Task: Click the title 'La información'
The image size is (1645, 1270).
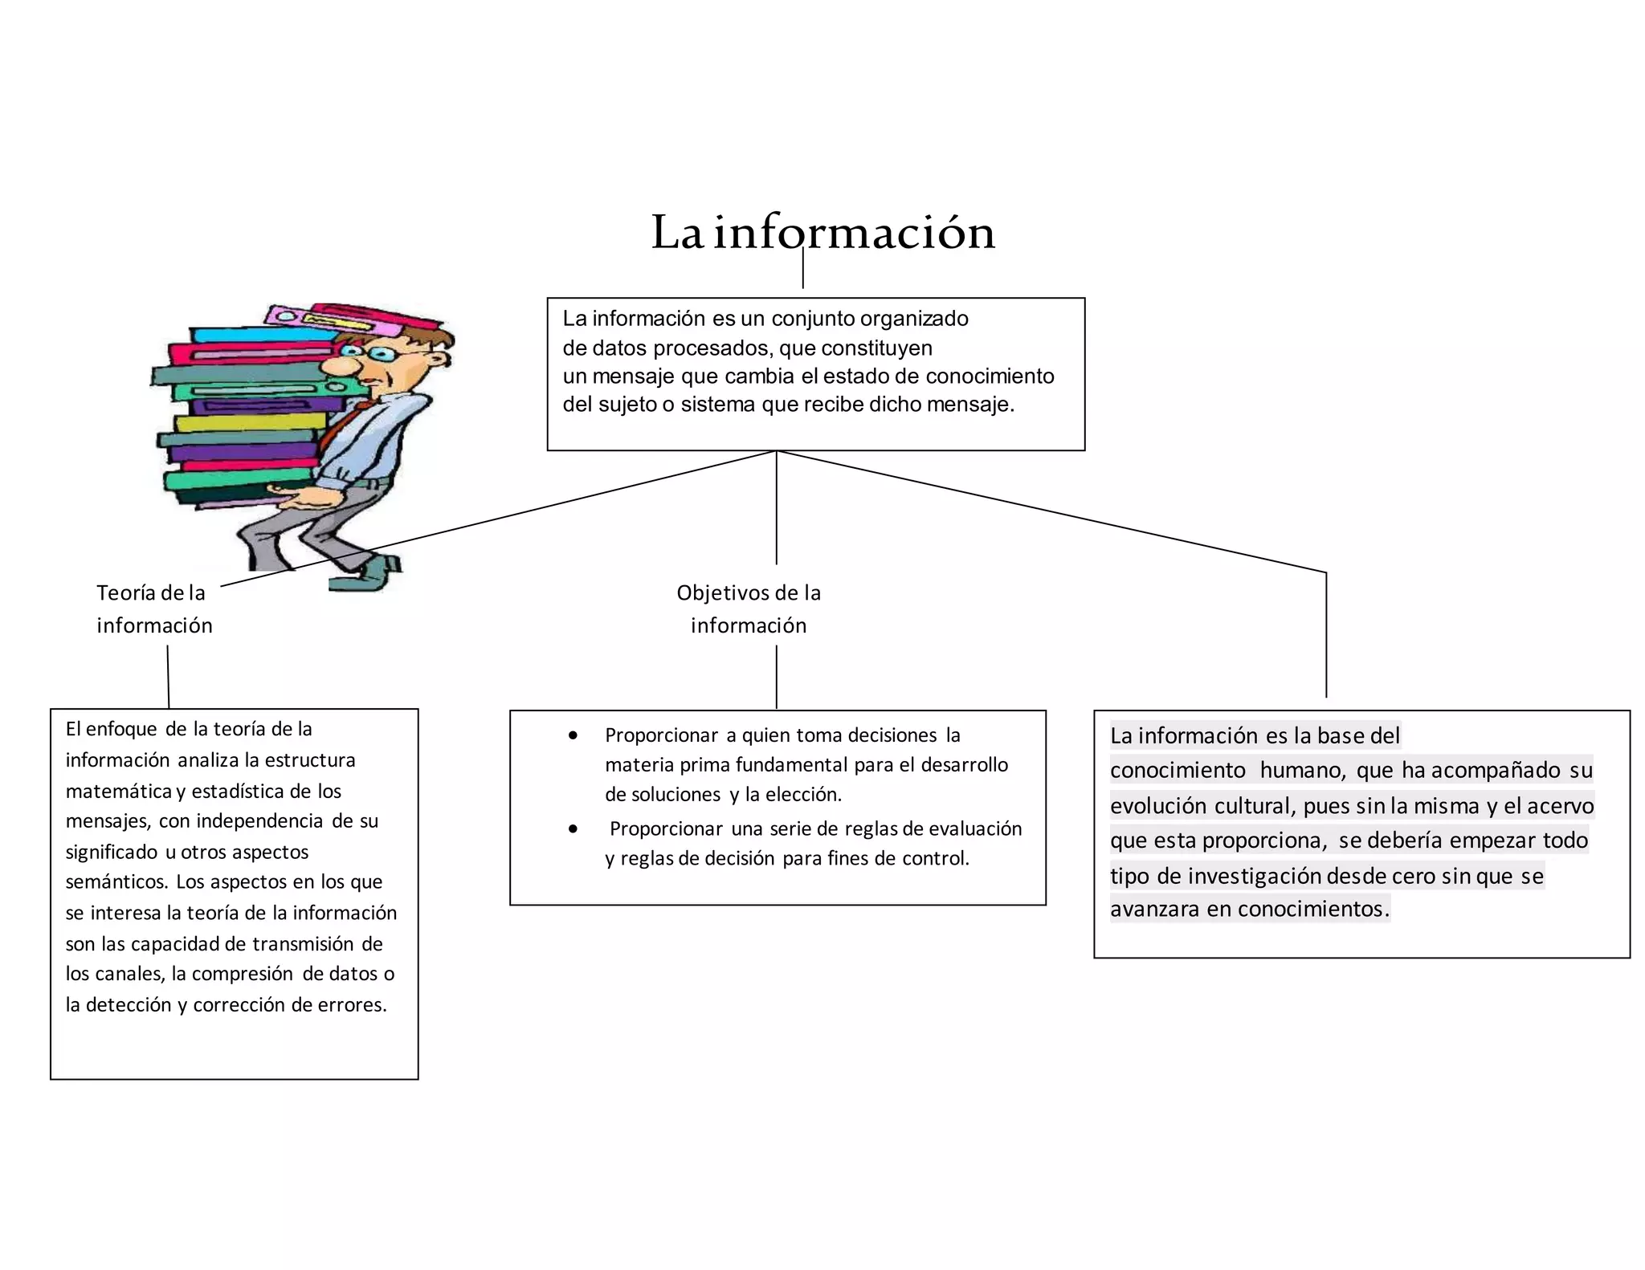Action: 822,233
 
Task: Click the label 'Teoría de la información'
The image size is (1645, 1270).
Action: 153,609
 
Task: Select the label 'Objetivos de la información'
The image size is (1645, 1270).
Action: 749,609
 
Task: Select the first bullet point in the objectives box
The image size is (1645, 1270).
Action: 573,735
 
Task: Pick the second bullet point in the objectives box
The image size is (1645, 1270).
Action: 573,829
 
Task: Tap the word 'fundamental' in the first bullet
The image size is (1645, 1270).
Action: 790,765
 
